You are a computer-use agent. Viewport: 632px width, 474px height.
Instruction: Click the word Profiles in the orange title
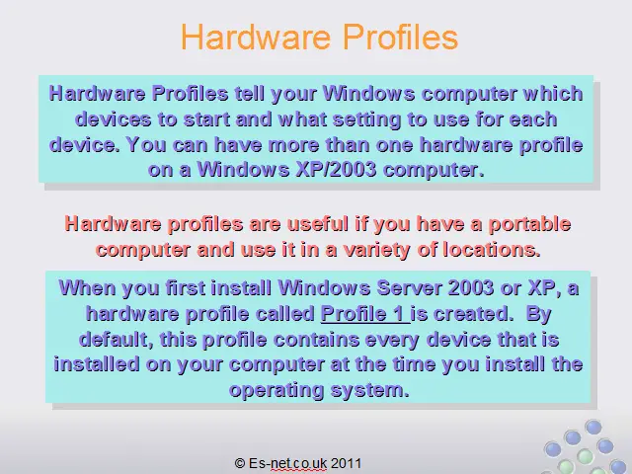(400, 37)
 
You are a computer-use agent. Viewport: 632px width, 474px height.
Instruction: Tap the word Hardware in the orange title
(257, 37)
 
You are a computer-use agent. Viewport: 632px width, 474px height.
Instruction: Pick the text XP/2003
(336, 170)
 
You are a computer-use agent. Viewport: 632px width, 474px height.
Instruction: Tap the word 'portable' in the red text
(529, 224)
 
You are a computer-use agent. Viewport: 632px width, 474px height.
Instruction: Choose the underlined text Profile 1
(364, 314)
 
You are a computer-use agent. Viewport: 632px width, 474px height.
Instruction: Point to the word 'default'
(114, 340)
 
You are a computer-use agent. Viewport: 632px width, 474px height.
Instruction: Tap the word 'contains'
(316, 340)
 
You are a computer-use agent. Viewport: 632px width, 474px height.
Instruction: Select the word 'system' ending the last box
(367, 391)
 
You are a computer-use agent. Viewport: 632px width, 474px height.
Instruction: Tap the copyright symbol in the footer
(239, 463)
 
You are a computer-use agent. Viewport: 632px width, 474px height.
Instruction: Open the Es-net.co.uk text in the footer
(287, 463)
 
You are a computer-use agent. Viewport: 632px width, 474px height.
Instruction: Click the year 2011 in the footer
(346, 463)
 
